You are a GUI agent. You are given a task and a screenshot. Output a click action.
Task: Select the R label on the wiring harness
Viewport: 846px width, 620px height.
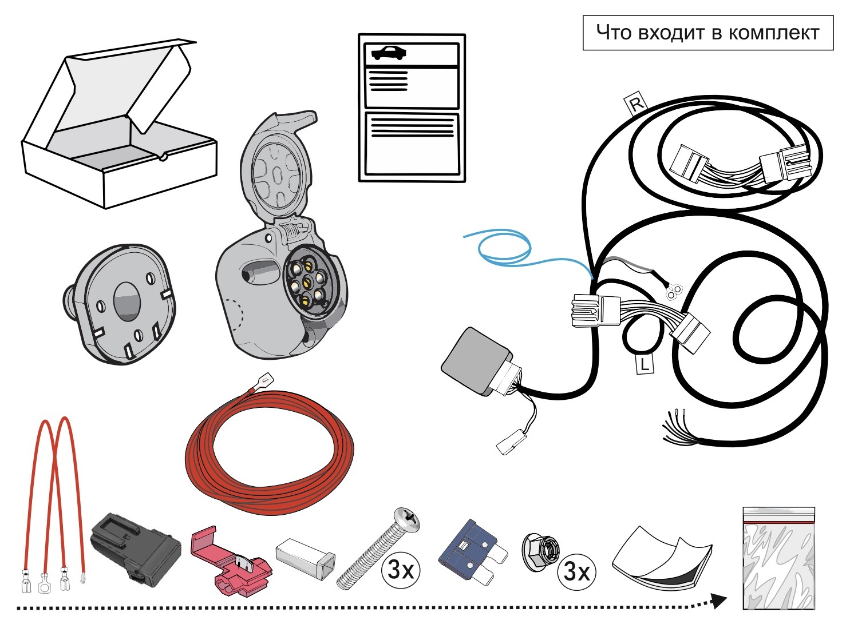click(x=637, y=102)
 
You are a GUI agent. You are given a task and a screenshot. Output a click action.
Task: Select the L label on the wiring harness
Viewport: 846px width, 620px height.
click(x=645, y=364)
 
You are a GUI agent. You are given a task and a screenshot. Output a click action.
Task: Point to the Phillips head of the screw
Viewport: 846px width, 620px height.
click(x=406, y=520)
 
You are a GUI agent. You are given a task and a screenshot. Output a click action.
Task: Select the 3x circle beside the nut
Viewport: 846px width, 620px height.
click(x=576, y=571)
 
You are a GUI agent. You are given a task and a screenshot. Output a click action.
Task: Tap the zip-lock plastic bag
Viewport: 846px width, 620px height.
click(x=779, y=558)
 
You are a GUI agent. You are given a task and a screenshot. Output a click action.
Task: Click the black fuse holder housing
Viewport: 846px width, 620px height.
click(x=136, y=544)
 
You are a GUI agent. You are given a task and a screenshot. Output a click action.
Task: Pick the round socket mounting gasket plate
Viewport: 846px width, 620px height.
click(x=120, y=304)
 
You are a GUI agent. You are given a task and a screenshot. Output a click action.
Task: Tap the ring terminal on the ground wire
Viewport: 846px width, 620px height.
click(x=675, y=291)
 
